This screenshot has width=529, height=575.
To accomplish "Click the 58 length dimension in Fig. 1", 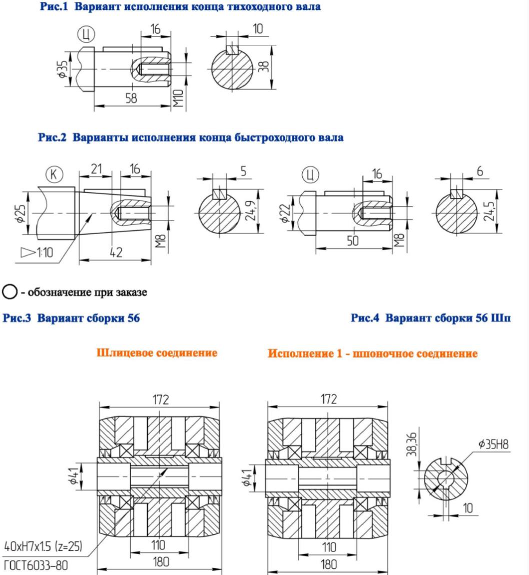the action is [131, 98].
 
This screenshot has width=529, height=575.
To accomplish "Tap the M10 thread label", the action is [178, 98].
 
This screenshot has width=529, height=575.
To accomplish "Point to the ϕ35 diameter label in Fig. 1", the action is [63, 69].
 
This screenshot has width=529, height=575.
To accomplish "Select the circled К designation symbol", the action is [55, 174].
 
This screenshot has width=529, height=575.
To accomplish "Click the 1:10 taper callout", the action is [37, 252].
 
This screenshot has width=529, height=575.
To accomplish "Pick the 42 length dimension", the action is [116, 252].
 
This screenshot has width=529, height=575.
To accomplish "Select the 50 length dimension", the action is [353, 240].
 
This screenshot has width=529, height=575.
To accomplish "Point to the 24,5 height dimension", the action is [488, 211].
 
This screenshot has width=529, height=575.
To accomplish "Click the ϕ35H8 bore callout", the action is [494, 444].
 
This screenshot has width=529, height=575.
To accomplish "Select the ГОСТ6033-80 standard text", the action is [36, 565].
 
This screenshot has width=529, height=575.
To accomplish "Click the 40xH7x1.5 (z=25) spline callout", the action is [43, 546].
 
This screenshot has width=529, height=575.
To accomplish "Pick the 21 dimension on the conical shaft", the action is [96, 168].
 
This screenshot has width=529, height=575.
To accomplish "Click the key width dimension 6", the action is [480, 171].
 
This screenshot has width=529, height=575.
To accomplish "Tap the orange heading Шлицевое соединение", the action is [157, 353].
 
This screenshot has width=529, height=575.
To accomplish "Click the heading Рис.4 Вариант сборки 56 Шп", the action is [430, 317].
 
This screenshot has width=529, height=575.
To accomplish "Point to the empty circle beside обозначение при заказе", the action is [10, 292].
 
